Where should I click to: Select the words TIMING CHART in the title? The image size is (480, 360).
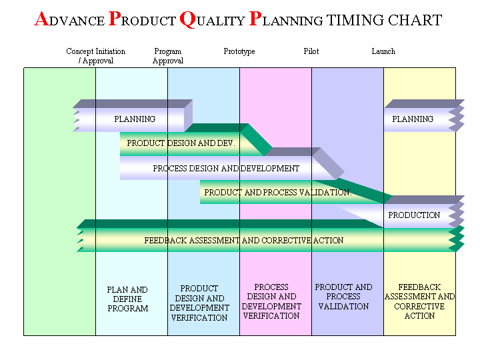click(384, 21)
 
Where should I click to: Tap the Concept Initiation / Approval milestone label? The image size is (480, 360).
click(95, 56)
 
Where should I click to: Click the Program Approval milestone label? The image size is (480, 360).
click(167, 56)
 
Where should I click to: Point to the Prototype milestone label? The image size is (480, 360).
click(239, 51)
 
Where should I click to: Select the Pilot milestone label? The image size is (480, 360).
click(311, 51)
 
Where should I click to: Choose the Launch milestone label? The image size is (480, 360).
click(383, 51)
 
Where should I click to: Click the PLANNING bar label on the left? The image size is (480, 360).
click(135, 119)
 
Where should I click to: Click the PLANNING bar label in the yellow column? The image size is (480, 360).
click(413, 119)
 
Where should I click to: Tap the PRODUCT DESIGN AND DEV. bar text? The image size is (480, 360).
click(181, 143)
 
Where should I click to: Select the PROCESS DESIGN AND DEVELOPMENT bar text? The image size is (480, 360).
click(226, 169)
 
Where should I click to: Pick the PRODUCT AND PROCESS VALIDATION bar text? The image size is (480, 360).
click(277, 193)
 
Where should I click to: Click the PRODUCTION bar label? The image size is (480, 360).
click(414, 215)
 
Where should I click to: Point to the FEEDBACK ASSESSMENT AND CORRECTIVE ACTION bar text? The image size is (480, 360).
click(244, 241)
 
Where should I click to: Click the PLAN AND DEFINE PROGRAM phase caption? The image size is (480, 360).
click(127, 299)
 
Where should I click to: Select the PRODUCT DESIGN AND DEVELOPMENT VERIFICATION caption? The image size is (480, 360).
click(199, 303)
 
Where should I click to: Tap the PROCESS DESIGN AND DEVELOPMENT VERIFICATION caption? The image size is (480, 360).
click(271, 301)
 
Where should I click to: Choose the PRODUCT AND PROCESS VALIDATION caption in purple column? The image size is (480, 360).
click(343, 297)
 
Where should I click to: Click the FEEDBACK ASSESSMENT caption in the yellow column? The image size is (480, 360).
click(419, 301)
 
